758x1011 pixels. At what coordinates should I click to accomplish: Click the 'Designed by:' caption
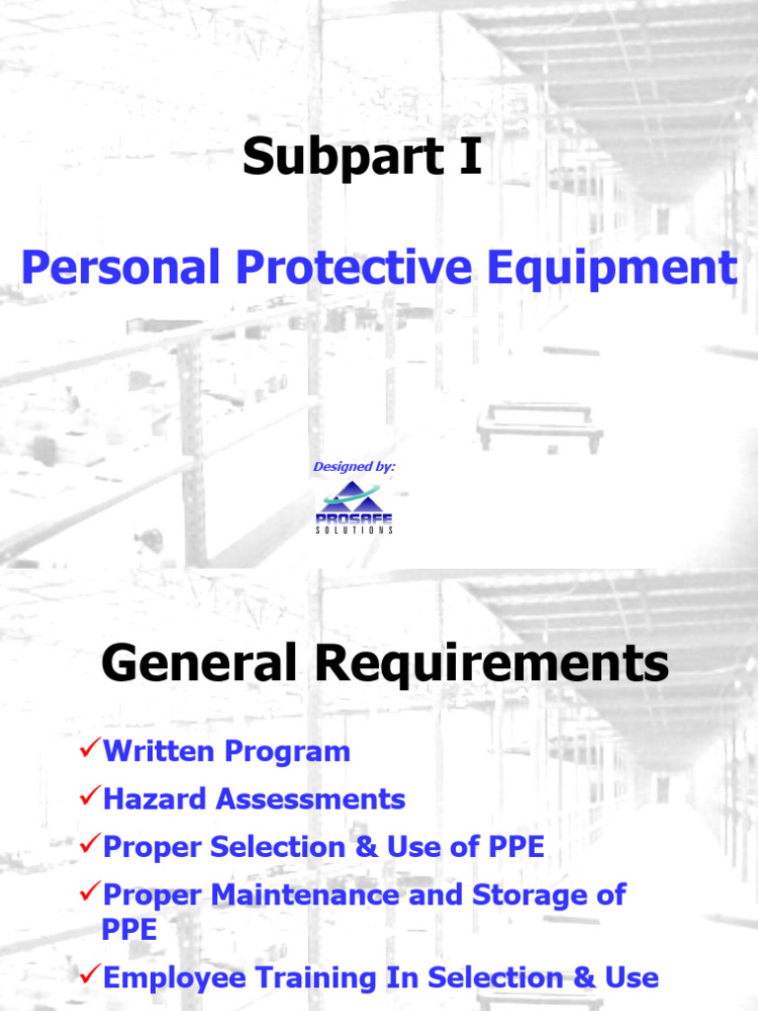coord(354,466)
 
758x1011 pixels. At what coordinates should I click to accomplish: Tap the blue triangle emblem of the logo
coord(354,497)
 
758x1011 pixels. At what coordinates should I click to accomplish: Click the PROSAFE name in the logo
coord(354,517)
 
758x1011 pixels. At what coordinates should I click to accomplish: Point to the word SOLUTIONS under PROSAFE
coord(354,530)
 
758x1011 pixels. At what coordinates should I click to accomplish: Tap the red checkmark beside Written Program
coord(89,750)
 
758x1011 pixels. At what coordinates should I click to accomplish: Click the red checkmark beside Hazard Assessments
coord(89,798)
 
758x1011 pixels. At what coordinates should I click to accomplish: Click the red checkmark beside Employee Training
coord(89,976)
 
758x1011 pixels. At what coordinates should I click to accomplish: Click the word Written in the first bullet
coord(158,751)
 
